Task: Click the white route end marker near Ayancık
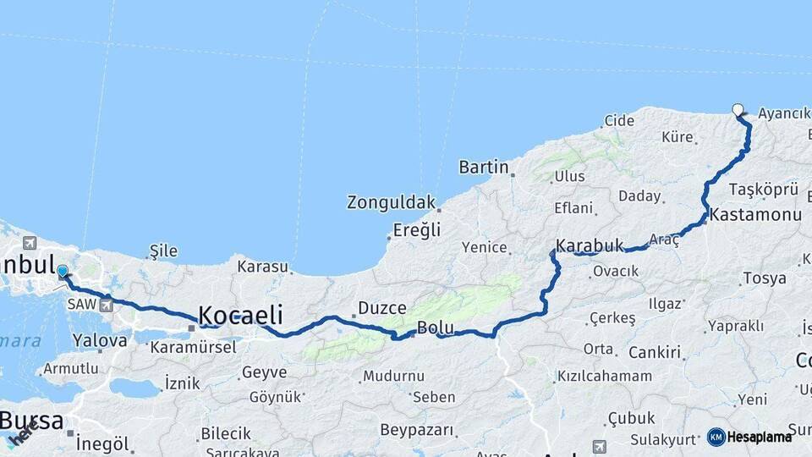[x=738, y=109]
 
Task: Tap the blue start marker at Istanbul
[x=62, y=272]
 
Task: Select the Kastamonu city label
[x=755, y=215]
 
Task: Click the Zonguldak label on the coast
[x=391, y=202]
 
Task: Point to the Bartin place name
[x=484, y=167]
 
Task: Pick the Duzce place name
[x=382, y=307]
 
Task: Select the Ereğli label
[x=418, y=229]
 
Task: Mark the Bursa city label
[x=31, y=420]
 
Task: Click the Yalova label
[x=100, y=340]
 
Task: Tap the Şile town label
[x=163, y=251]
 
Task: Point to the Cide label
[x=618, y=121]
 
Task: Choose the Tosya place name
[x=764, y=278]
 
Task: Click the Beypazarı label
[x=417, y=430]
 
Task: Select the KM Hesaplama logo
[x=749, y=437]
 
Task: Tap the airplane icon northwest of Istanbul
[x=31, y=244]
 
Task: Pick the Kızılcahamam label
[x=605, y=376]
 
